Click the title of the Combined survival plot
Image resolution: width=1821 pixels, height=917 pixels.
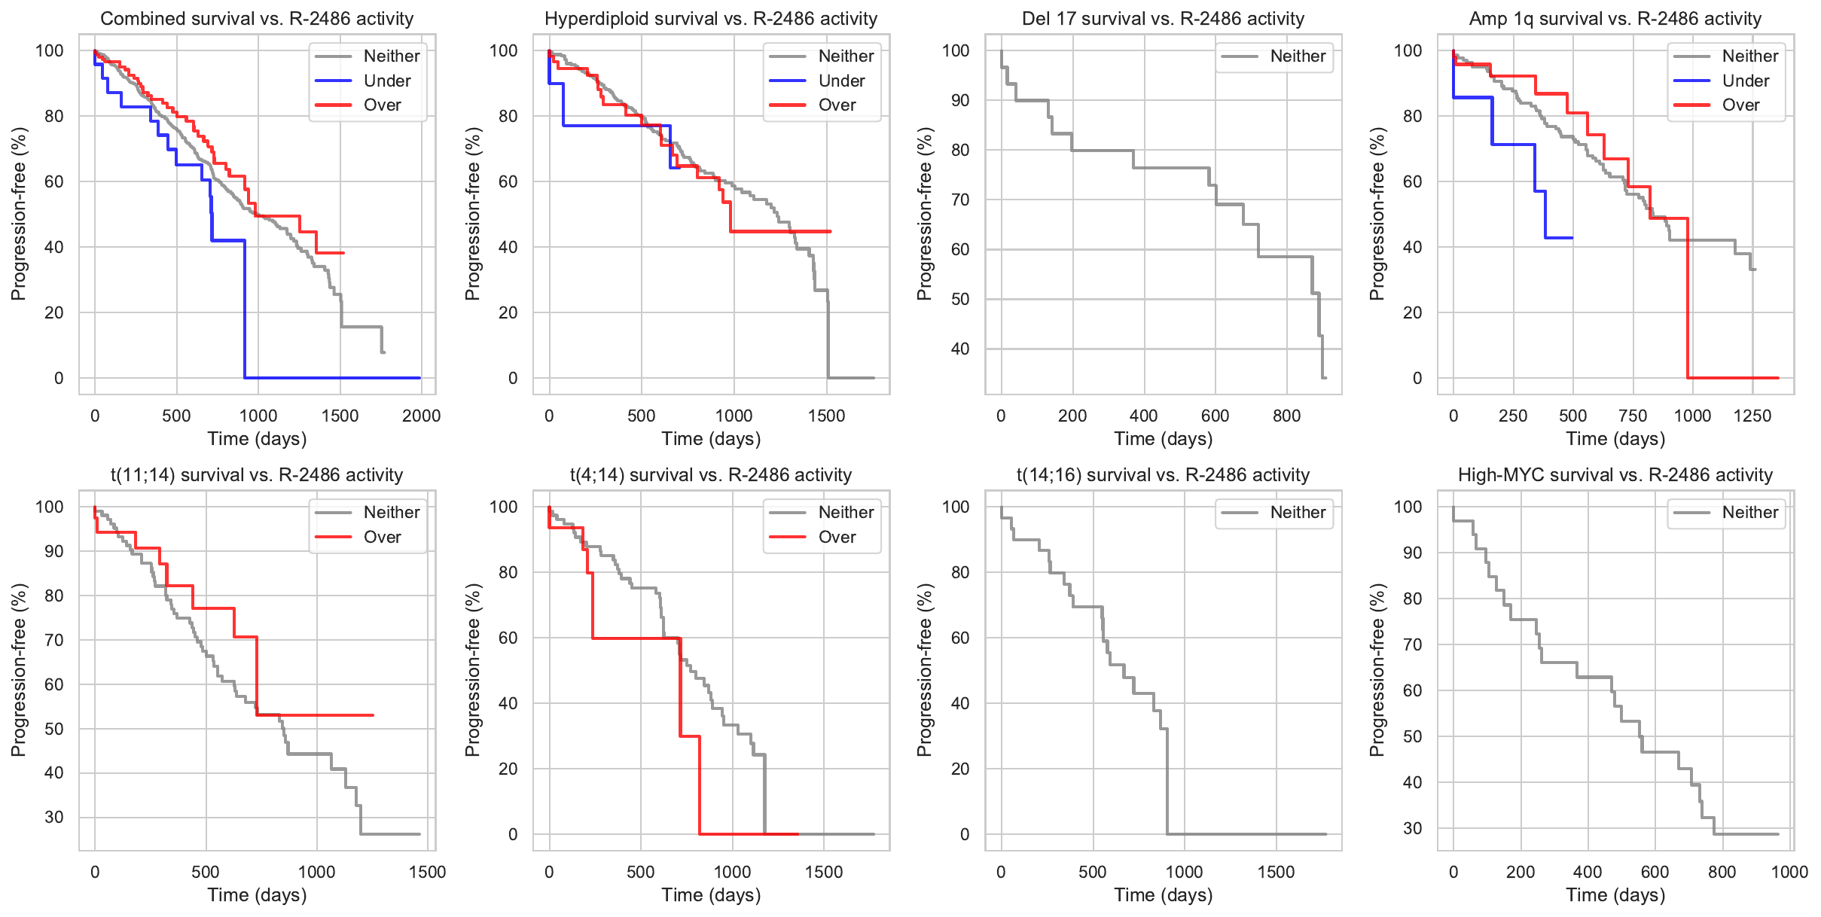[257, 19]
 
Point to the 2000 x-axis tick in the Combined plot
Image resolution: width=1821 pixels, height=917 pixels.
[421, 416]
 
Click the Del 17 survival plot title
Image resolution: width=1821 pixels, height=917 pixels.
[1163, 19]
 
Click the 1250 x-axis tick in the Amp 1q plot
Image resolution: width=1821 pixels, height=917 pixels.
[1752, 416]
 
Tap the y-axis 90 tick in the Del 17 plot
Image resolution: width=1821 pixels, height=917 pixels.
[960, 100]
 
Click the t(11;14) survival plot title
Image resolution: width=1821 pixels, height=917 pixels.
[257, 475]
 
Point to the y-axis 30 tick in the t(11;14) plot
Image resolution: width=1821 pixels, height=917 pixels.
[54, 817]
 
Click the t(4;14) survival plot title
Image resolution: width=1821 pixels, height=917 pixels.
[711, 475]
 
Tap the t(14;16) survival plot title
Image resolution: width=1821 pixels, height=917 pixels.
[1163, 475]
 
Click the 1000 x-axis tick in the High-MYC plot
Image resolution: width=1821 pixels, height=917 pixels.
[1789, 872]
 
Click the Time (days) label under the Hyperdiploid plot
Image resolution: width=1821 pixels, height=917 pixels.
[711, 439]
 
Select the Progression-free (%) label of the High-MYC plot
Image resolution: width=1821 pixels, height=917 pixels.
[1377, 670]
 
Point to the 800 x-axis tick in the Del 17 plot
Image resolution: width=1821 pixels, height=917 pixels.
[1286, 416]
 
